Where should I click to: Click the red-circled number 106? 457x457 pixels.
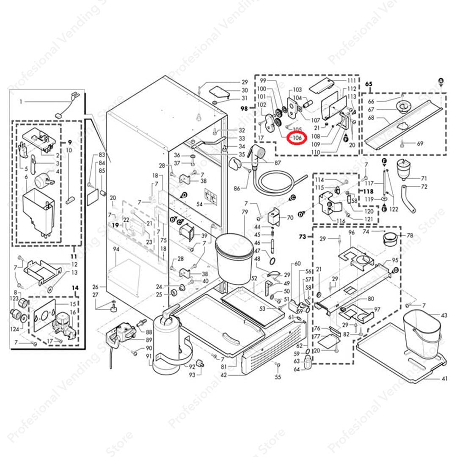pyautogui.click(x=295, y=138)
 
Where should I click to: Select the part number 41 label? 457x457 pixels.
pyautogui.click(x=444, y=378)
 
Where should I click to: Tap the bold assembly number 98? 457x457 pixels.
pyautogui.click(x=244, y=109)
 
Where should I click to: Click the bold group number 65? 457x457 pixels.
pyautogui.click(x=369, y=84)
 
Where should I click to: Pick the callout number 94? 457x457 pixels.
pyautogui.click(x=116, y=250)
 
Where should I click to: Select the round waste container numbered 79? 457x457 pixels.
pyautogui.click(x=234, y=258)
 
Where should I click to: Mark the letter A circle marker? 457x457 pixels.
pyautogui.click(x=441, y=81)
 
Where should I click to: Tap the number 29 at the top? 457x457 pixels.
pyautogui.click(x=244, y=82)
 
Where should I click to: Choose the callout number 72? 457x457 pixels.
pyautogui.click(x=424, y=187)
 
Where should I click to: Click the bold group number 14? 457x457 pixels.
pyautogui.click(x=75, y=288)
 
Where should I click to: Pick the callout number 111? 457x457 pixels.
pyautogui.click(x=352, y=80)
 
